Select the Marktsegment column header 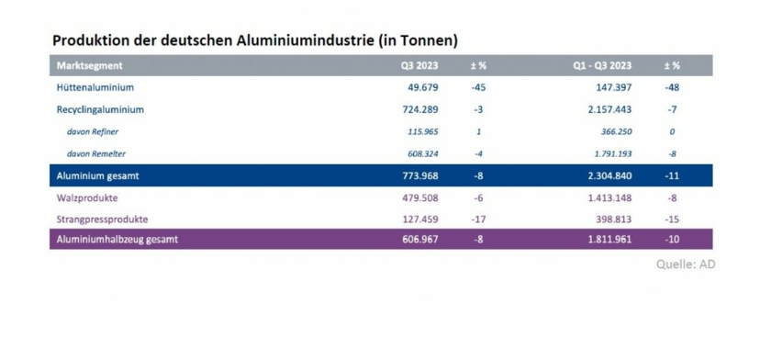(x=89, y=66)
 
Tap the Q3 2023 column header (x=419, y=66)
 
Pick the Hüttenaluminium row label (x=95, y=88)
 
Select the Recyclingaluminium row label (x=100, y=110)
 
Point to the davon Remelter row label (x=95, y=153)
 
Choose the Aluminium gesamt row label (x=97, y=175)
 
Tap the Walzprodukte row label (x=86, y=197)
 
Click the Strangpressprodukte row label (x=102, y=219)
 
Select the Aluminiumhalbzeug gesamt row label (x=117, y=240)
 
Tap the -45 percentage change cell (x=478, y=88)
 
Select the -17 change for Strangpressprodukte (x=478, y=219)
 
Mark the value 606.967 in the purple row (x=421, y=240)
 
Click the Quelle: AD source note (x=686, y=264)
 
